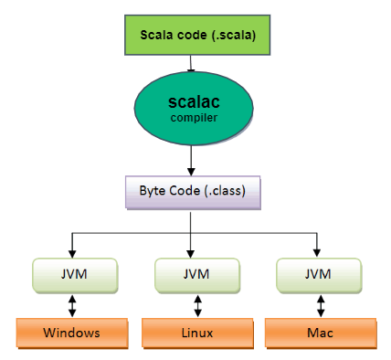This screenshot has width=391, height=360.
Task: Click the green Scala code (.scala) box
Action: (192, 36)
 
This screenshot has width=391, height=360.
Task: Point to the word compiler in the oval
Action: (192, 119)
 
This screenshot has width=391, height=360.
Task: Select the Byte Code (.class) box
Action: (190, 192)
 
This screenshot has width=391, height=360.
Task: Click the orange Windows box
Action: (71, 332)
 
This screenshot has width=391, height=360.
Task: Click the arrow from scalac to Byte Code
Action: (191, 160)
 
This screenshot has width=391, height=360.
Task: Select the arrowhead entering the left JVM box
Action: (70, 252)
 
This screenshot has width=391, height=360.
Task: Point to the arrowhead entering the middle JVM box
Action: (190, 252)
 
